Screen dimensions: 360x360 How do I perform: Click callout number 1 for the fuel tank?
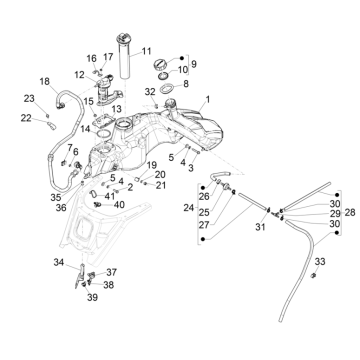tap(208, 100)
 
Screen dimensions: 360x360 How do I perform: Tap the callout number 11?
tap(146, 51)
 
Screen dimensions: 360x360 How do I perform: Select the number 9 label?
tap(193, 63)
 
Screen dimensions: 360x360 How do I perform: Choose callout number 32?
tap(150, 92)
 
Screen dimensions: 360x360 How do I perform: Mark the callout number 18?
tap(44, 81)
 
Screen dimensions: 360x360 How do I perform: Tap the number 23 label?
tap(29, 97)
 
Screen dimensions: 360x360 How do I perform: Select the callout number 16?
tap(91, 60)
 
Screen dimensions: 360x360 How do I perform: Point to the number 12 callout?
tap(79, 75)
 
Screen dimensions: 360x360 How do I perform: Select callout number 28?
tap(351, 213)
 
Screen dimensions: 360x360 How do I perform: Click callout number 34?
tap(59, 262)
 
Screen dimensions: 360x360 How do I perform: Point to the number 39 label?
tap(92, 297)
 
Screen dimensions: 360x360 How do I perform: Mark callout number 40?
tap(120, 205)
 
